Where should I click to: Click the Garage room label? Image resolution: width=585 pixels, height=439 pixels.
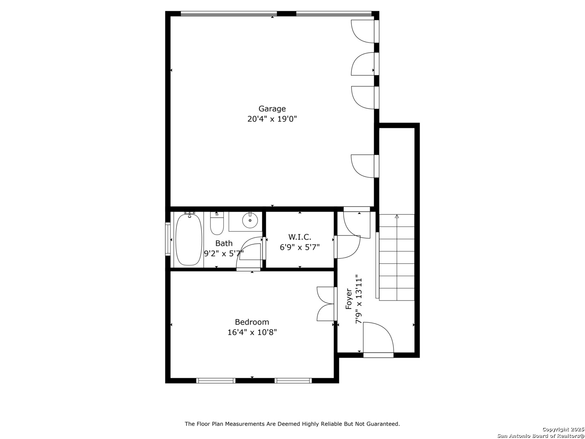click(272, 109)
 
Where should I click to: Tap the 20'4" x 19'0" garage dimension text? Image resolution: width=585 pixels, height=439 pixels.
click(272, 119)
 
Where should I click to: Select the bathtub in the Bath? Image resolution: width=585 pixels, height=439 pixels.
click(188, 240)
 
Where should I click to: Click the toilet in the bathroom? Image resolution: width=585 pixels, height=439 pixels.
click(217, 224)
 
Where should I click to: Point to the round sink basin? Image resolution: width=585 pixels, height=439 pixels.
click(250, 220)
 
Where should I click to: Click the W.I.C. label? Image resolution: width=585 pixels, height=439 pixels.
click(299, 237)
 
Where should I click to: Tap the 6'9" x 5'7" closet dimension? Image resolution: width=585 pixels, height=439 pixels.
click(299, 248)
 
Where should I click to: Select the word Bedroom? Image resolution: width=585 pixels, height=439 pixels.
click(252, 322)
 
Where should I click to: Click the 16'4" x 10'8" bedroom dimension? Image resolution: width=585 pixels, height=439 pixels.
click(252, 333)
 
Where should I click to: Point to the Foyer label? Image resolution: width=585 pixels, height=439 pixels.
click(349, 299)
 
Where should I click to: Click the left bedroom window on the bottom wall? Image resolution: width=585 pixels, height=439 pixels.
click(216, 380)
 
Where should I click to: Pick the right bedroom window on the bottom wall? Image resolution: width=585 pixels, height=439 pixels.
click(293, 380)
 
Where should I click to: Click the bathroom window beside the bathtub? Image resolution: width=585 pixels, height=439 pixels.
click(168, 239)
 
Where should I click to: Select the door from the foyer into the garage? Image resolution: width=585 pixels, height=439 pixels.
click(357, 222)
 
